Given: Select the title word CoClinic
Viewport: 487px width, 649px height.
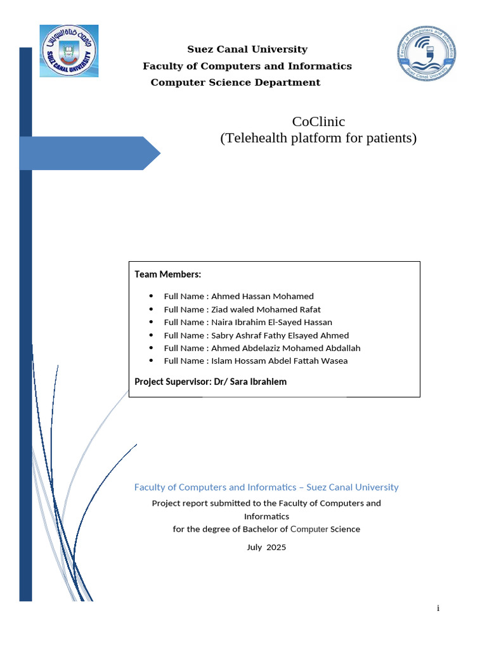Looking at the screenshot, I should [318, 122].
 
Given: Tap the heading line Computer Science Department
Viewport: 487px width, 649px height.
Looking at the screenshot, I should [235, 83].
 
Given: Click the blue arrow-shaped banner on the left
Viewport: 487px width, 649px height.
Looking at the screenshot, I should [89, 153].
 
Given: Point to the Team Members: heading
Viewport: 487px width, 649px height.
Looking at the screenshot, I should [167, 274].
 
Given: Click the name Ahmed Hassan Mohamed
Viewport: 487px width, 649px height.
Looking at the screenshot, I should [262, 297].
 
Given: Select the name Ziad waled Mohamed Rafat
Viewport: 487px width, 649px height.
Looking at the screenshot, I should [266, 309].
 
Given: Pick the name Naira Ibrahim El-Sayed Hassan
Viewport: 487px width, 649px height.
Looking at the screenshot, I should [271, 322].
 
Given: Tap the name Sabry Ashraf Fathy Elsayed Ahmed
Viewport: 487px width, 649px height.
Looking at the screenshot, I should [280, 335].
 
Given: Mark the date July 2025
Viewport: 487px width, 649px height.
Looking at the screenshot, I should [266, 547].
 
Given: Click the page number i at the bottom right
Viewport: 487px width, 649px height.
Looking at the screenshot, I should [438, 608].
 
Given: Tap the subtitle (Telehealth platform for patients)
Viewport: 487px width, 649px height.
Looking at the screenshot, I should [318, 138].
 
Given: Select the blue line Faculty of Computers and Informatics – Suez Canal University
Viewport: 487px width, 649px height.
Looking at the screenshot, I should [266, 487].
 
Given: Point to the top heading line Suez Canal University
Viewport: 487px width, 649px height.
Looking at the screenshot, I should [247, 49].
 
